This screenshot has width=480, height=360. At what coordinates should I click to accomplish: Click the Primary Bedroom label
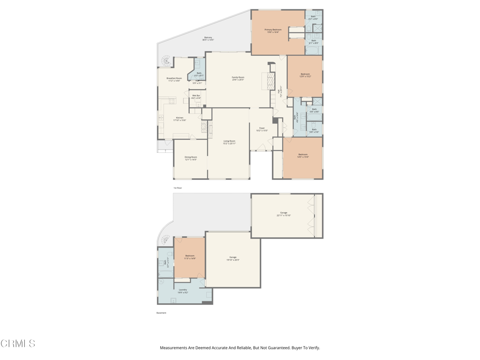point(273,31)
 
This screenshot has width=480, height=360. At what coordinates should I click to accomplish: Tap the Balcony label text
point(208,39)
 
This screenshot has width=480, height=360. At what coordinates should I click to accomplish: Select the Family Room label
point(238,78)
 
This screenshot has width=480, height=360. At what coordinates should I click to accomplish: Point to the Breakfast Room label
point(174,80)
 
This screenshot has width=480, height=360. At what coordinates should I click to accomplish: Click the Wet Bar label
point(196,97)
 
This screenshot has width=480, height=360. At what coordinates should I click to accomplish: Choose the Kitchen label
point(180,119)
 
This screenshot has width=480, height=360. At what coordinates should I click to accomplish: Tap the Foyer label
point(262,129)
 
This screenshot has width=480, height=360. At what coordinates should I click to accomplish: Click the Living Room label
point(229,142)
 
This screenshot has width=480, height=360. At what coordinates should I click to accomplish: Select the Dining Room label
point(191,158)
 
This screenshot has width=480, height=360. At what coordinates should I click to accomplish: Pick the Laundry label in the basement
point(183,291)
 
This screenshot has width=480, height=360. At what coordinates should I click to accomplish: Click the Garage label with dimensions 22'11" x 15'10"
point(284,214)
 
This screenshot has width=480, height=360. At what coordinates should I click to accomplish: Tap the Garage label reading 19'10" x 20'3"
point(233,258)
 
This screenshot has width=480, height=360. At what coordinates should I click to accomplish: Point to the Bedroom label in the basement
point(190,257)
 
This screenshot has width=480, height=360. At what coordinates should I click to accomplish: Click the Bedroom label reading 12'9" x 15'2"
point(305,75)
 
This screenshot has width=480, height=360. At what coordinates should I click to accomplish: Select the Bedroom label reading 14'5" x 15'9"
point(303,156)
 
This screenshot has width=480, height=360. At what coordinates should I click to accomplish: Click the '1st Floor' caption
point(178,188)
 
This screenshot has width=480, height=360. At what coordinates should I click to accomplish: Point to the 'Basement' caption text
point(161,313)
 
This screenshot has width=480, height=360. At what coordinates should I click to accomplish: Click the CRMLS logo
point(18,344)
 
